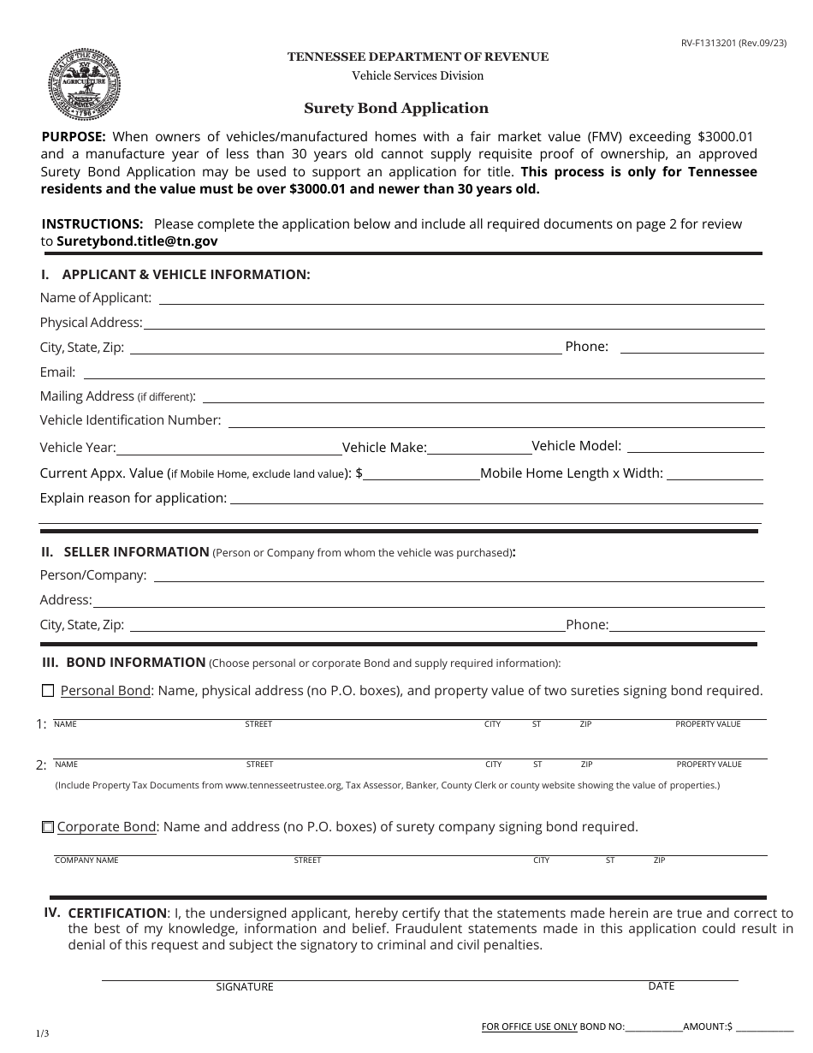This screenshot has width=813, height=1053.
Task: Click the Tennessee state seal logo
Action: coord(84,85)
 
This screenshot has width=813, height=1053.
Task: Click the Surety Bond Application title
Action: coord(396,109)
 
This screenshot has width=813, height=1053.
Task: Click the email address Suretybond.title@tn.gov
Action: coord(137,241)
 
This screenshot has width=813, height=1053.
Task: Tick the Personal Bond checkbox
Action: coord(48,691)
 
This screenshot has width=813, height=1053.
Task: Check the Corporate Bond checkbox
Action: coord(48,828)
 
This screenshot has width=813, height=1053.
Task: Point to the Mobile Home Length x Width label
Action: coord(572,473)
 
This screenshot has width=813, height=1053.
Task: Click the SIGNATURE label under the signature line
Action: coord(245,987)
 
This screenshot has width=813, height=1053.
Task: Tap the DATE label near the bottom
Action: coord(662,986)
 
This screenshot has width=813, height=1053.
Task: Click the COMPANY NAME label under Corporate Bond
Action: coord(86,860)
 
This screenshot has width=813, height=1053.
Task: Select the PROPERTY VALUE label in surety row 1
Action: coord(708,724)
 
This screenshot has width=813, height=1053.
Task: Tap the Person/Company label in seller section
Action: coord(93,575)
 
